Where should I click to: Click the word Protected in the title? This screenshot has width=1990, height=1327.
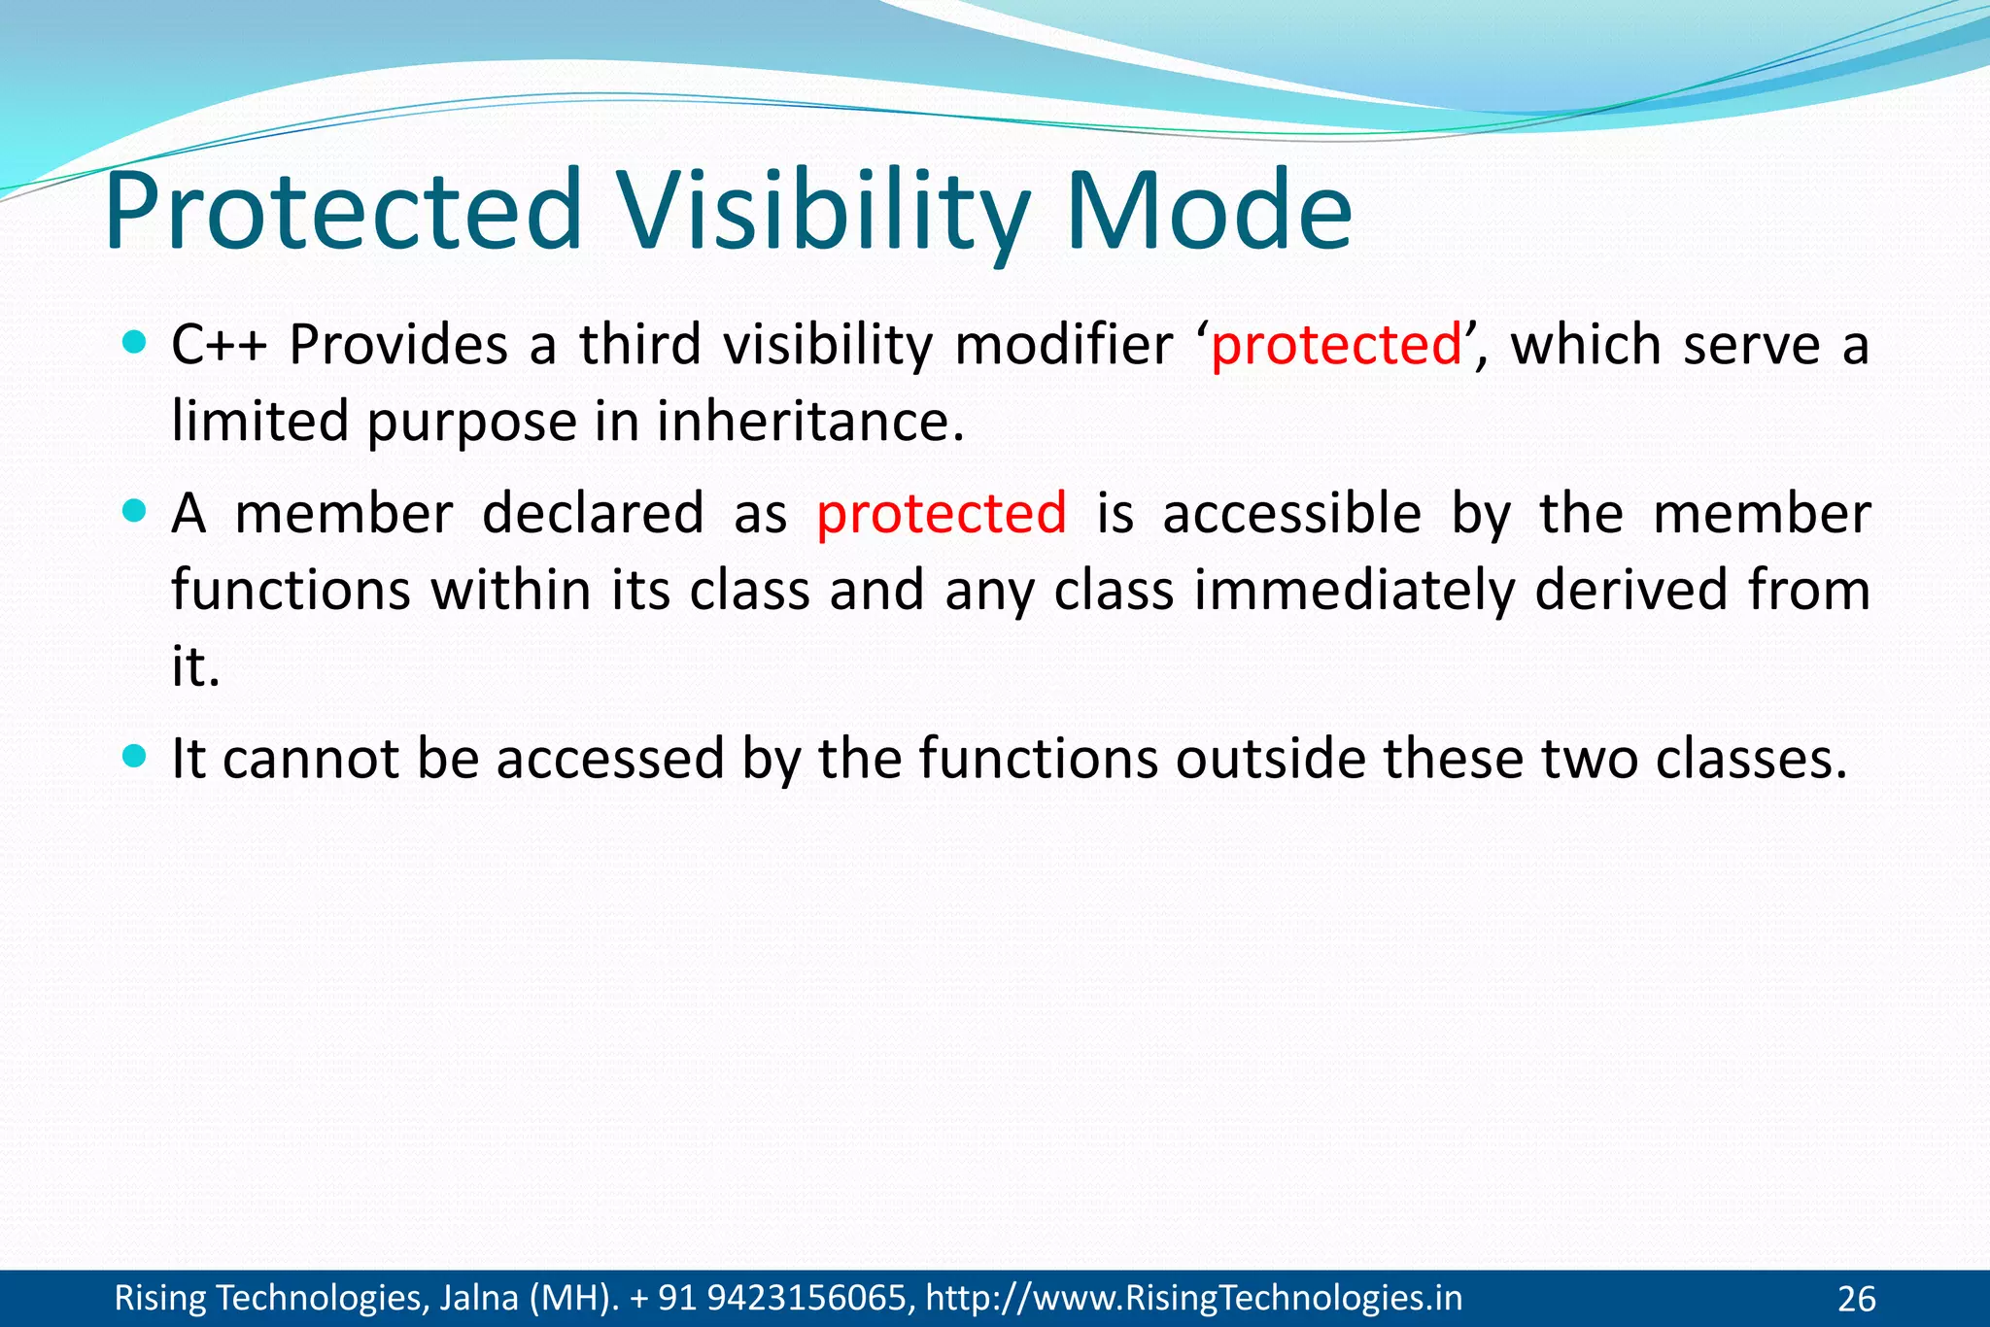(x=342, y=212)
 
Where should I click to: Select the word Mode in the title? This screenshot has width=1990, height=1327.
(x=1208, y=212)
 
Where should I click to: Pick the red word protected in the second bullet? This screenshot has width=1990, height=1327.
(x=941, y=515)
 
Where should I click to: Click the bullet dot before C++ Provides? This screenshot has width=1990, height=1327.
(x=135, y=342)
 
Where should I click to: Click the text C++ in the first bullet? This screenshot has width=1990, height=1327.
(x=219, y=345)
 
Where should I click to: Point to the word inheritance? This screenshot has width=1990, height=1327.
(x=809, y=424)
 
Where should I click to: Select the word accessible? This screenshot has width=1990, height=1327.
(x=1291, y=514)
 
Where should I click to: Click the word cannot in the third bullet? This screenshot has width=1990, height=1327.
(x=310, y=760)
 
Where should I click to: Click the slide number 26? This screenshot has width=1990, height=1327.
(x=1856, y=1299)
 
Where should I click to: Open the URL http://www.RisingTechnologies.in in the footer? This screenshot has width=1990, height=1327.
(x=1193, y=1298)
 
